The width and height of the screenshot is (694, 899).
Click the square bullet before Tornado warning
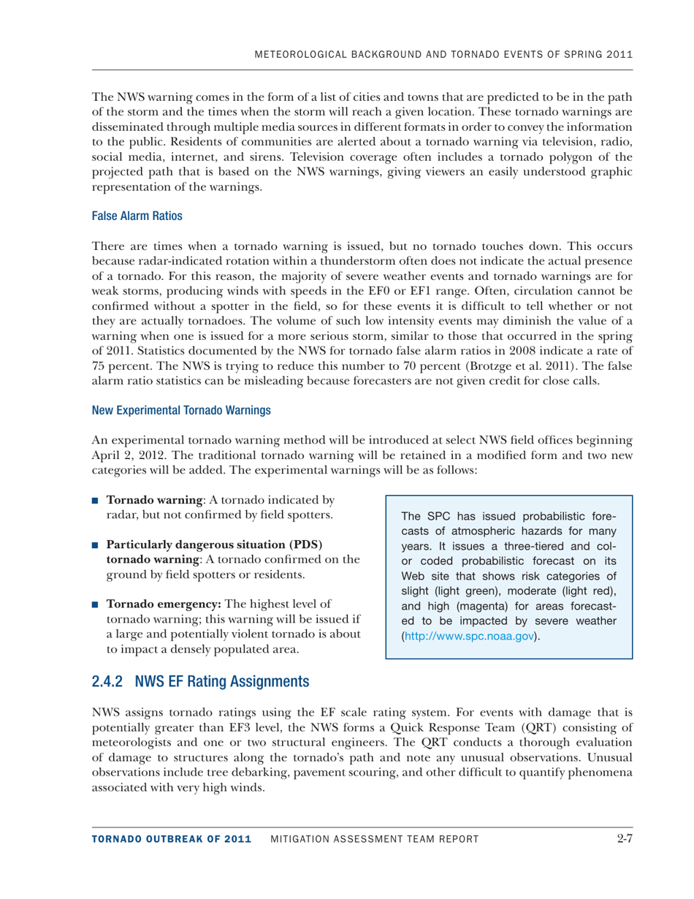tap(96, 501)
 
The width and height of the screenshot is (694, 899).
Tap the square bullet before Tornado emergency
tap(96, 604)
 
